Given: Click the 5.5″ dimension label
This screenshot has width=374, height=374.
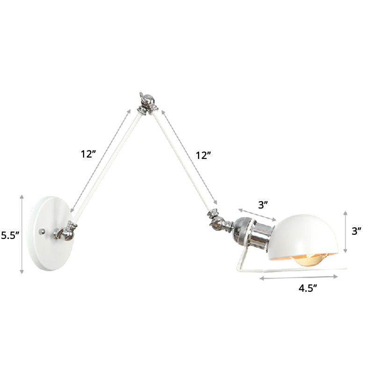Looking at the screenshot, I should pyautogui.click(x=9, y=236).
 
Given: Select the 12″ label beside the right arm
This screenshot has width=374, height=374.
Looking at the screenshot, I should pyautogui.click(x=204, y=156).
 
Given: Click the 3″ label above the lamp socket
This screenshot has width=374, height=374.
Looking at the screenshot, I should pyautogui.click(x=263, y=204).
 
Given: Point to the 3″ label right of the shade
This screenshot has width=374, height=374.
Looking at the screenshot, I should pyautogui.click(x=357, y=230).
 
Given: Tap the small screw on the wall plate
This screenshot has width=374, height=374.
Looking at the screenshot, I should pyautogui.click(x=43, y=231).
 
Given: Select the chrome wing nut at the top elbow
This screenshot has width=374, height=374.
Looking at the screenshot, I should pyautogui.click(x=145, y=101).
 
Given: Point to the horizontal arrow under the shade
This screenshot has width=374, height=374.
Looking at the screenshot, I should pyautogui.click(x=299, y=278).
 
